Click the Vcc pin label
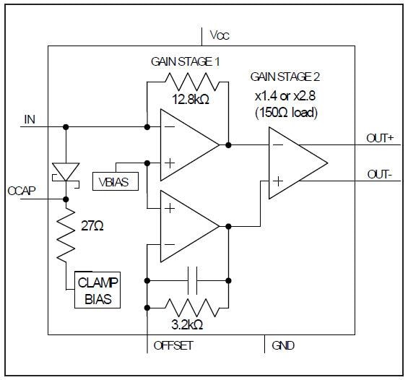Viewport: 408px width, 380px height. (220, 35)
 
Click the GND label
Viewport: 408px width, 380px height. (283, 345)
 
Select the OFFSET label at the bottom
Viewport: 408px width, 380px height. (173, 345)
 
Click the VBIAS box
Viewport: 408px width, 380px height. (111, 181)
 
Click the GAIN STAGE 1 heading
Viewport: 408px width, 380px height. (186, 62)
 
